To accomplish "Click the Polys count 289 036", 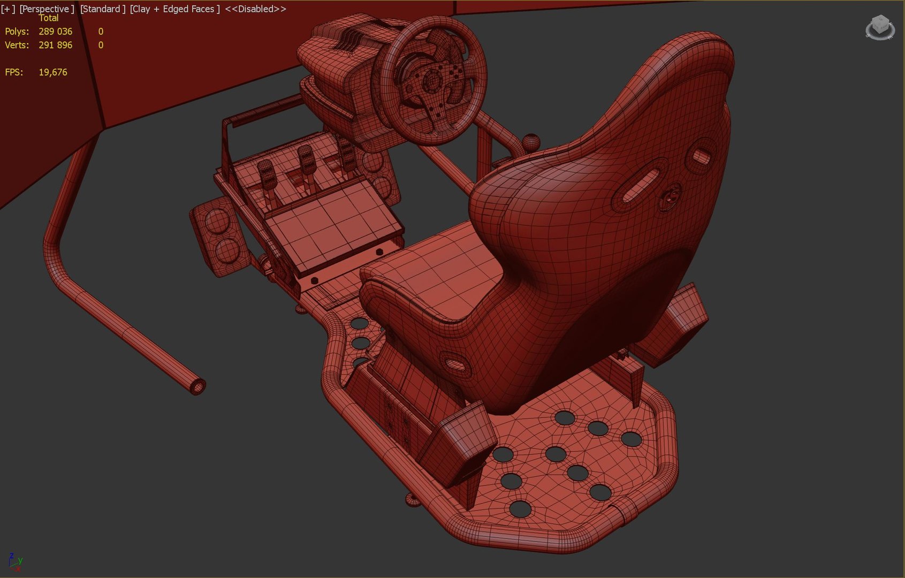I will (x=55, y=32).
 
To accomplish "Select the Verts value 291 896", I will (x=55, y=45).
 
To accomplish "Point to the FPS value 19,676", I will (x=52, y=72).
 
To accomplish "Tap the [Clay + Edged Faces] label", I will (x=174, y=9).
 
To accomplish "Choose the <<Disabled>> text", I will (x=255, y=9).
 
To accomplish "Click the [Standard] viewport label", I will (x=102, y=9).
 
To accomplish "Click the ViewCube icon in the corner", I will (x=880, y=27).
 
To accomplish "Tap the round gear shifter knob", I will (x=530, y=141).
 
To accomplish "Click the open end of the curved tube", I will (x=198, y=386).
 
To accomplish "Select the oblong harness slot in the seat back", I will (x=640, y=184).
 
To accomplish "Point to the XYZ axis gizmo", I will (x=15, y=561).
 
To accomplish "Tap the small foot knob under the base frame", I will (x=413, y=500).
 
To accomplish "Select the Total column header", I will (x=48, y=18).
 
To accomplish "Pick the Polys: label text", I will (x=17, y=32).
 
